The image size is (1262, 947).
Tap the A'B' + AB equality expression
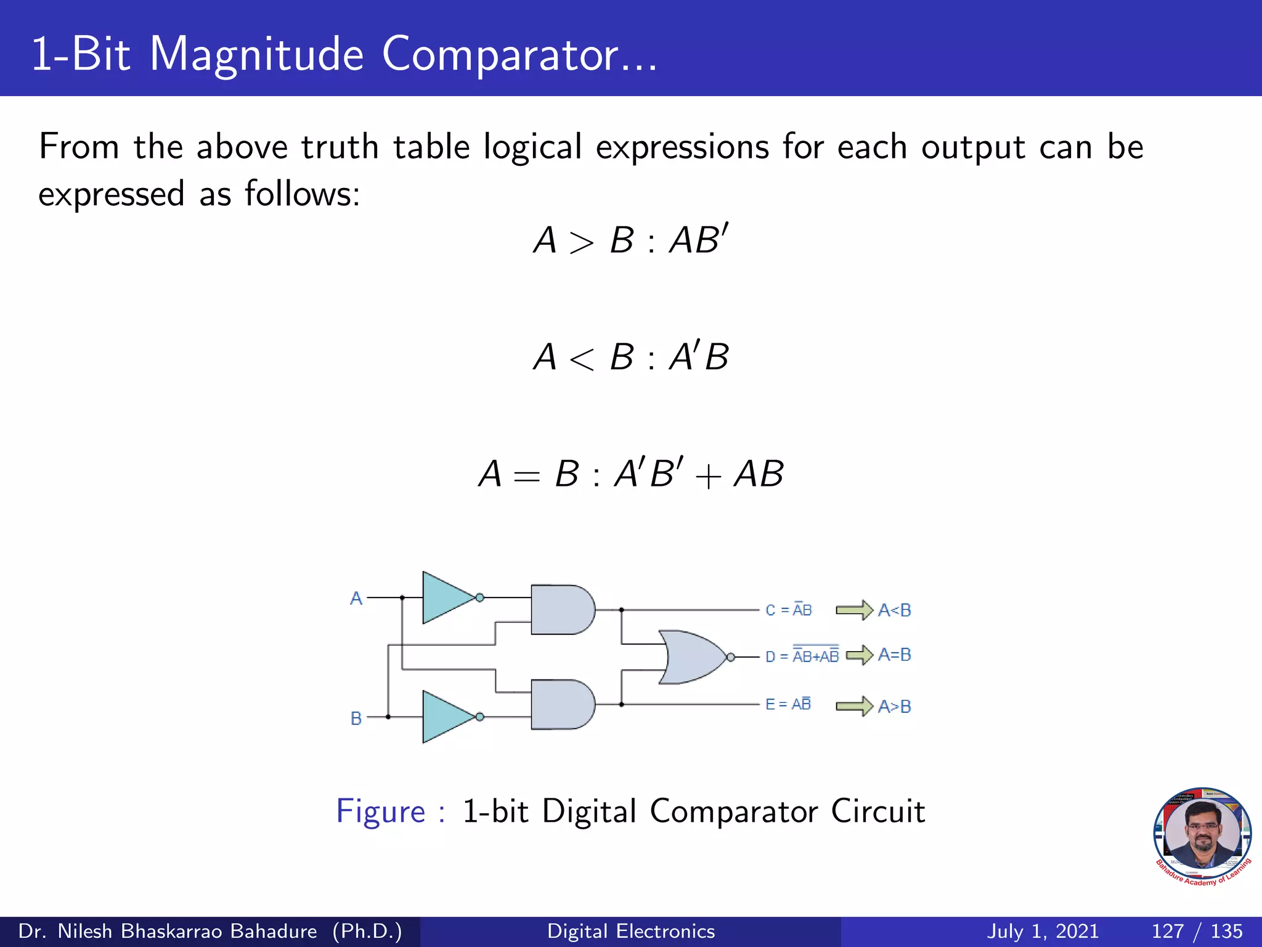point(699,473)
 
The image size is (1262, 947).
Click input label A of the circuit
point(356,598)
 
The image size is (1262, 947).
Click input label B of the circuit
point(356,718)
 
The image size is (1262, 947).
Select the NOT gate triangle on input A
point(445,597)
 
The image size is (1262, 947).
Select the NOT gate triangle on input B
point(445,717)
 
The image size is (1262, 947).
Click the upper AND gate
point(561,610)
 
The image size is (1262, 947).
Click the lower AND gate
point(561,704)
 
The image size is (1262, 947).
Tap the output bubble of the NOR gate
point(731,657)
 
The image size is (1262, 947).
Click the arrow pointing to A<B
point(854,610)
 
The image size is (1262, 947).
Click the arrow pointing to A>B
point(854,705)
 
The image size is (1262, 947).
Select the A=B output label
point(894,655)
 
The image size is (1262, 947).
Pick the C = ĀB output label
point(789,610)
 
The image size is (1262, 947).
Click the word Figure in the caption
point(381,811)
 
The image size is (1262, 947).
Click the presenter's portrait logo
point(1202,835)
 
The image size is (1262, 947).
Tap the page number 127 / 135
point(1197,931)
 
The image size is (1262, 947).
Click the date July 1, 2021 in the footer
point(1043,931)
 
